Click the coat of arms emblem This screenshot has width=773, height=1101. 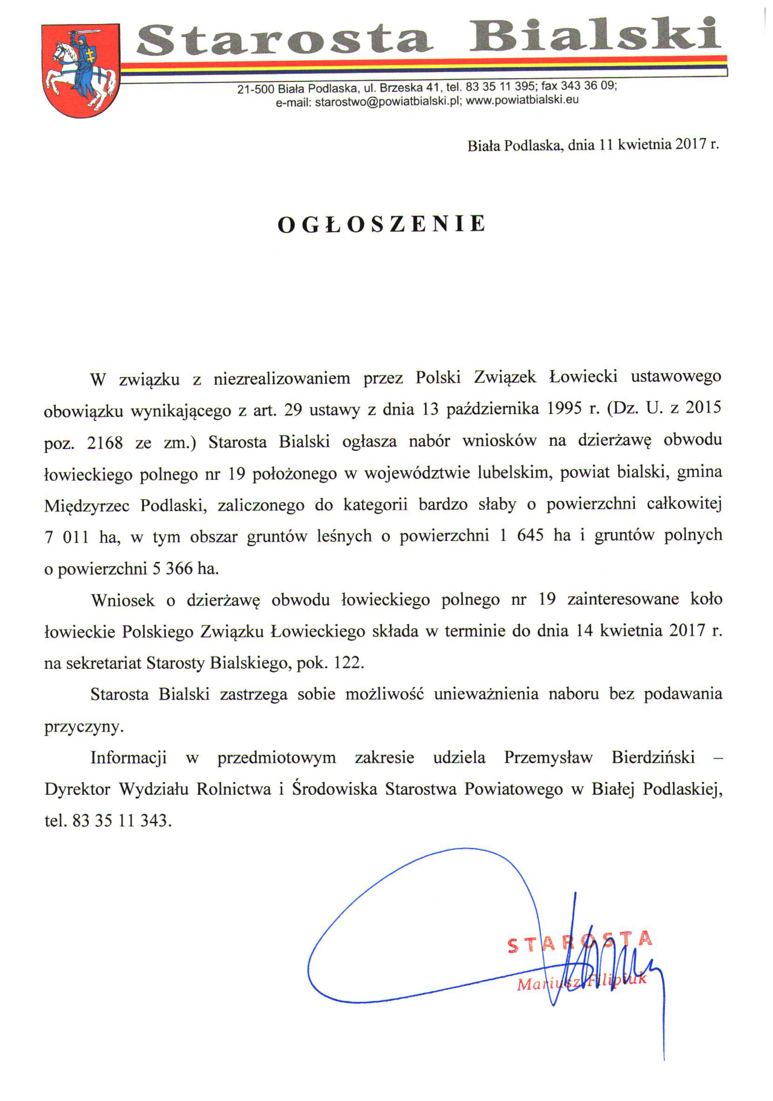(x=81, y=71)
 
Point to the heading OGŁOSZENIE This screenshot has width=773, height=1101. (x=382, y=225)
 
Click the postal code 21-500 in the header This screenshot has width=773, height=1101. (x=255, y=89)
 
